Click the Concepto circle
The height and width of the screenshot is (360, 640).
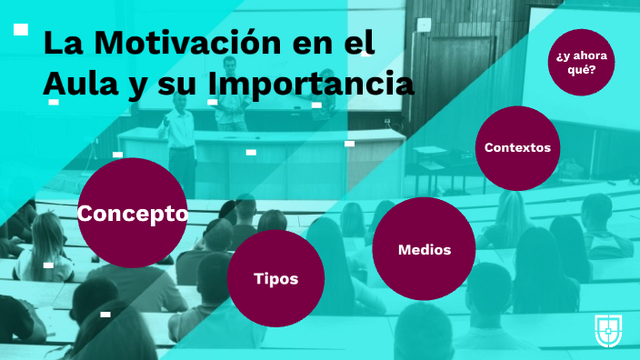point(132,215)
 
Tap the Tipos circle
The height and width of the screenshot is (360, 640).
point(275,278)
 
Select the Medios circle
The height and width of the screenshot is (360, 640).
point(425,249)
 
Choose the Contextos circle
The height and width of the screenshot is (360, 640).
point(517,147)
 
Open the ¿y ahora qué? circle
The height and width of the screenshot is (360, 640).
point(581,63)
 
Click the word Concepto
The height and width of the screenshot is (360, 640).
point(133,215)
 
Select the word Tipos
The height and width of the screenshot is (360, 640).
point(275,279)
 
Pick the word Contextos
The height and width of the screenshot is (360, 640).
point(517,147)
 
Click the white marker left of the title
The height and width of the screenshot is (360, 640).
point(21,30)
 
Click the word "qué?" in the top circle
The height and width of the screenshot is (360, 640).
point(581,70)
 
